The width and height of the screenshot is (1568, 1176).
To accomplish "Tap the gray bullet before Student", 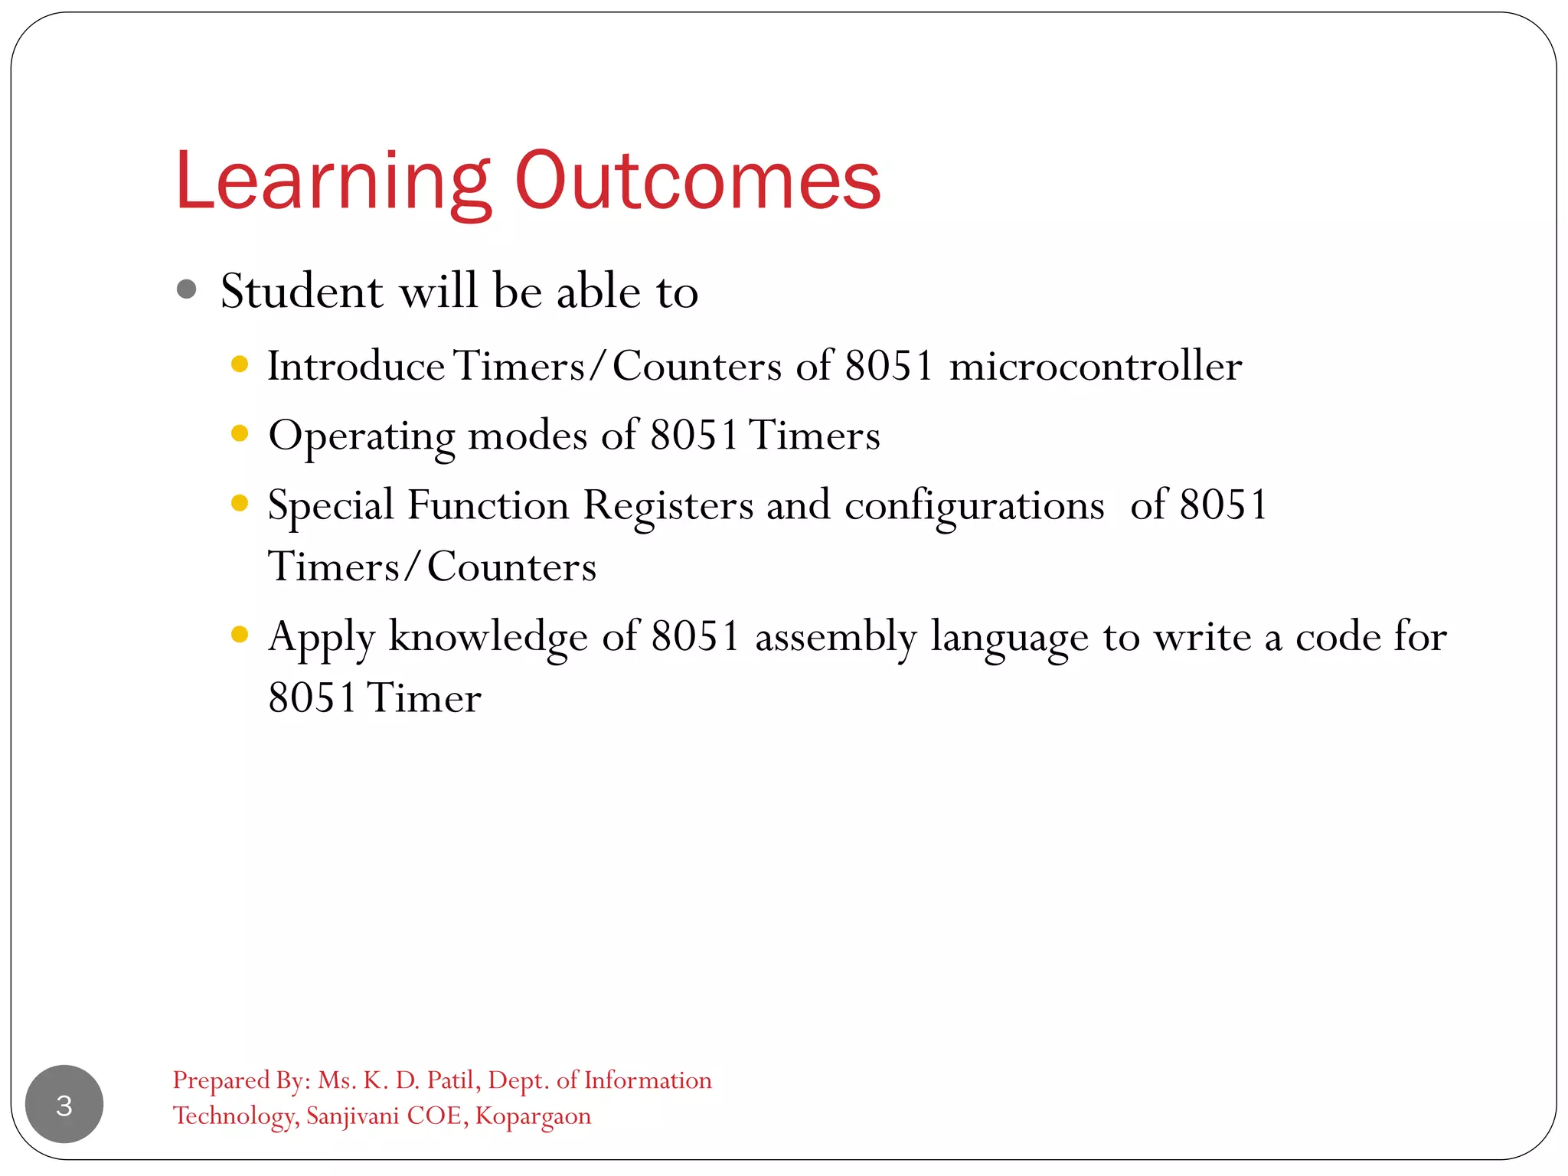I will pyautogui.click(x=186, y=289).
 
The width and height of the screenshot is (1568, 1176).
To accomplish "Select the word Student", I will pyautogui.click(x=302, y=291).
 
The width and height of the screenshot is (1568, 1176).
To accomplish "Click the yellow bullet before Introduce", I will pyautogui.click(x=240, y=364).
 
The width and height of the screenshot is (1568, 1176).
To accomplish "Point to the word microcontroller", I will pyautogui.click(x=1096, y=366).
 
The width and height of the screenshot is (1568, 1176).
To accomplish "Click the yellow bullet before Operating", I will pyautogui.click(x=240, y=433).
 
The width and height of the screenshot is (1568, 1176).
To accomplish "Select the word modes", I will pyautogui.click(x=528, y=436).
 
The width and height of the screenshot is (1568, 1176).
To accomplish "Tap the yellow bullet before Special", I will pyautogui.click(x=240, y=502).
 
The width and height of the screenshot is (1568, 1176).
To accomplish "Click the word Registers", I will pyautogui.click(x=668, y=506).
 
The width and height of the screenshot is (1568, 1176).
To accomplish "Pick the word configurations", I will pyautogui.click(x=974, y=506).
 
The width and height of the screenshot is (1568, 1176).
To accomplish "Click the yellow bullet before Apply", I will pyautogui.click(x=240, y=634).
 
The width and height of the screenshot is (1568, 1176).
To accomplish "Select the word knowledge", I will pyautogui.click(x=488, y=637).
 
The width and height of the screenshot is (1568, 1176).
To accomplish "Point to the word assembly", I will pyautogui.click(x=835, y=637).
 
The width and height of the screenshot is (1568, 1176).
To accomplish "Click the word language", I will pyautogui.click(x=1009, y=637).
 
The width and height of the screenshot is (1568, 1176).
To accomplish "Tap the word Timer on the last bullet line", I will pyautogui.click(x=424, y=697).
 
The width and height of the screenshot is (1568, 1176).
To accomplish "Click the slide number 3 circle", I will pyautogui.click(x=64, y=1104).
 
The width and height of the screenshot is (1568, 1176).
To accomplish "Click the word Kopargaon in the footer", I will pyautogui.click(x=533, y=1116).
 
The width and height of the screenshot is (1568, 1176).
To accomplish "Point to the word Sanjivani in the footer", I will pyautogui.click(x=352, y=1116).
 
